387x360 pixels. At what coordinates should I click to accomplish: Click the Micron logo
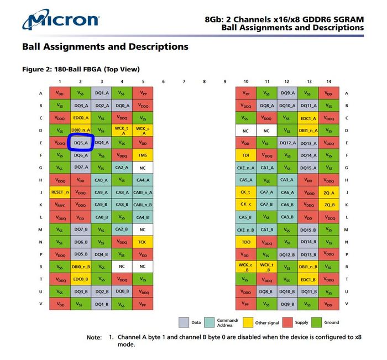61,20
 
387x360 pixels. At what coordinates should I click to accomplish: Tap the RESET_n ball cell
60,192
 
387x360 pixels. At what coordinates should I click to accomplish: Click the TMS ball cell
143,155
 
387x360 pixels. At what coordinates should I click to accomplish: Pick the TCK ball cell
143,242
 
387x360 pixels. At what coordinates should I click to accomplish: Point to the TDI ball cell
246,155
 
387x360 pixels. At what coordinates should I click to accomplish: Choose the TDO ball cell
246,242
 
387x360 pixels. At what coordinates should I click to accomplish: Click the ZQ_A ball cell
329,192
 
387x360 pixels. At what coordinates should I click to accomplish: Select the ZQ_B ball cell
329,205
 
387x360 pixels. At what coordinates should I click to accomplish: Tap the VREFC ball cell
60,205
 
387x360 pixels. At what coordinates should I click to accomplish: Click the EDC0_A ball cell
80,118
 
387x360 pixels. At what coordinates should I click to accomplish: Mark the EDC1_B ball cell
308,279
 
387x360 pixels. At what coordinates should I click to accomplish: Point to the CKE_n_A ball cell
246,168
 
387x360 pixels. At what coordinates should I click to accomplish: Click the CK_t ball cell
246,192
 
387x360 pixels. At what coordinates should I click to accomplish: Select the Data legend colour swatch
184,322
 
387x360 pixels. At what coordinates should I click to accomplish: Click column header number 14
329,82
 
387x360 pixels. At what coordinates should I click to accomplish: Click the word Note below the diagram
94,337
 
